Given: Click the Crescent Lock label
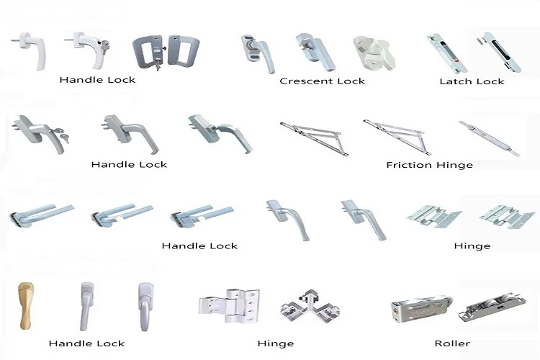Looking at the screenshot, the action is point(322,81).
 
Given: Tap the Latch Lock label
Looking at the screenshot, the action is point(472,81).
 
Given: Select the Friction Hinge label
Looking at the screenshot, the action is point(429,165).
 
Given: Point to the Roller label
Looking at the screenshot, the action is point(452,343).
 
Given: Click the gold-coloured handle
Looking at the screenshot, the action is point(24,306).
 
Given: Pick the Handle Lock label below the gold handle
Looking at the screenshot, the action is point(86,343).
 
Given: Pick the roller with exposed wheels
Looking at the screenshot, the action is point(492,303).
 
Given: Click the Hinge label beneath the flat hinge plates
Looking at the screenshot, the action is point(472,246).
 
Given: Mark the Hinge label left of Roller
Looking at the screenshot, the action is point(275,343).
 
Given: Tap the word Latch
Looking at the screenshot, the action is point(456,81).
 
